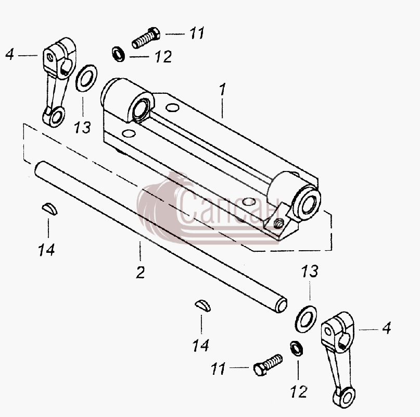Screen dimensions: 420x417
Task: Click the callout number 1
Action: pos(223,89)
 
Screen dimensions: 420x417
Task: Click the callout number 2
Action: pos(141,272)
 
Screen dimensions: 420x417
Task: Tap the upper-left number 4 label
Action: pos(10,54)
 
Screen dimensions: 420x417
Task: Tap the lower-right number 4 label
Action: pos(387,328)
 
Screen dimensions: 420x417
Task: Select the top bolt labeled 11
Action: pos(146,38)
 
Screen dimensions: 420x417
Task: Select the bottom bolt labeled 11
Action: pos(268,364)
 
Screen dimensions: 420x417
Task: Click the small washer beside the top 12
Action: pos(118,54)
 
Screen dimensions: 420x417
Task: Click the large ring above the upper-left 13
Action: pos(86,78)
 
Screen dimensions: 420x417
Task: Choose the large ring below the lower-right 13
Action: pos(306,319)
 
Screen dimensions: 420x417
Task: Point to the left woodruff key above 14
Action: pos(49,209)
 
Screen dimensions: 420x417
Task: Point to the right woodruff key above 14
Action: pos(202,306)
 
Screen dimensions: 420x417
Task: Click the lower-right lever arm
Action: pos(338,360)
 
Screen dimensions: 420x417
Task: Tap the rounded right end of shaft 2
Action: pos(281,305)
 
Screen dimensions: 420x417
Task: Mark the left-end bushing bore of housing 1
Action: pos(141,107)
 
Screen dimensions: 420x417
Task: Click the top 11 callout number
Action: pos(197,33)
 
